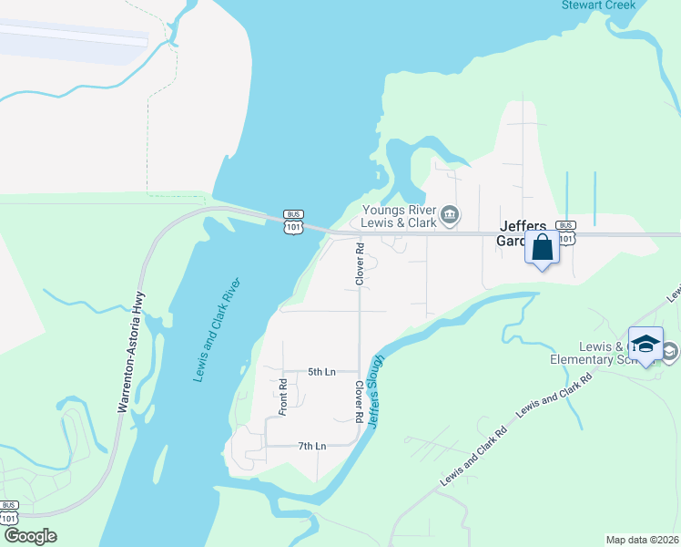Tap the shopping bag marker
pyautogui.click(x=543, y=247)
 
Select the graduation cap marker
pyautogui.click(x=645, y=345)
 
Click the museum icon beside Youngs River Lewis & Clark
pyautogui.click(x=450, y=215)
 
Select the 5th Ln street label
pyautogui.click(x=321, y=372)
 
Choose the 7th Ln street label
pyautogui.click(x=311, y=446)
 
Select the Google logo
pyautogui.click(x=30, y=536)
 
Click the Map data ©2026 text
pyautogui.click(x=642, y=540)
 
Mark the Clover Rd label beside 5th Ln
pyautogui.click(x=360, y=401)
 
